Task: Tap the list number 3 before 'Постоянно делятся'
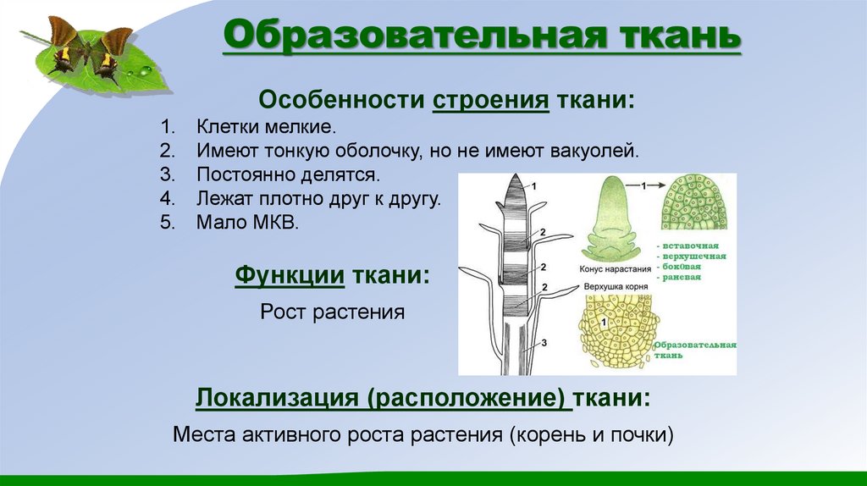coord(166,175)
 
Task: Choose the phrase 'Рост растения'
coord(332,312)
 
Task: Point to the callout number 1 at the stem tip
coord(533,185)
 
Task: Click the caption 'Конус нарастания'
coord(616,269)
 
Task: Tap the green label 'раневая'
coord(683,277)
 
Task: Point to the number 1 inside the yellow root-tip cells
coord(604,323)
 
